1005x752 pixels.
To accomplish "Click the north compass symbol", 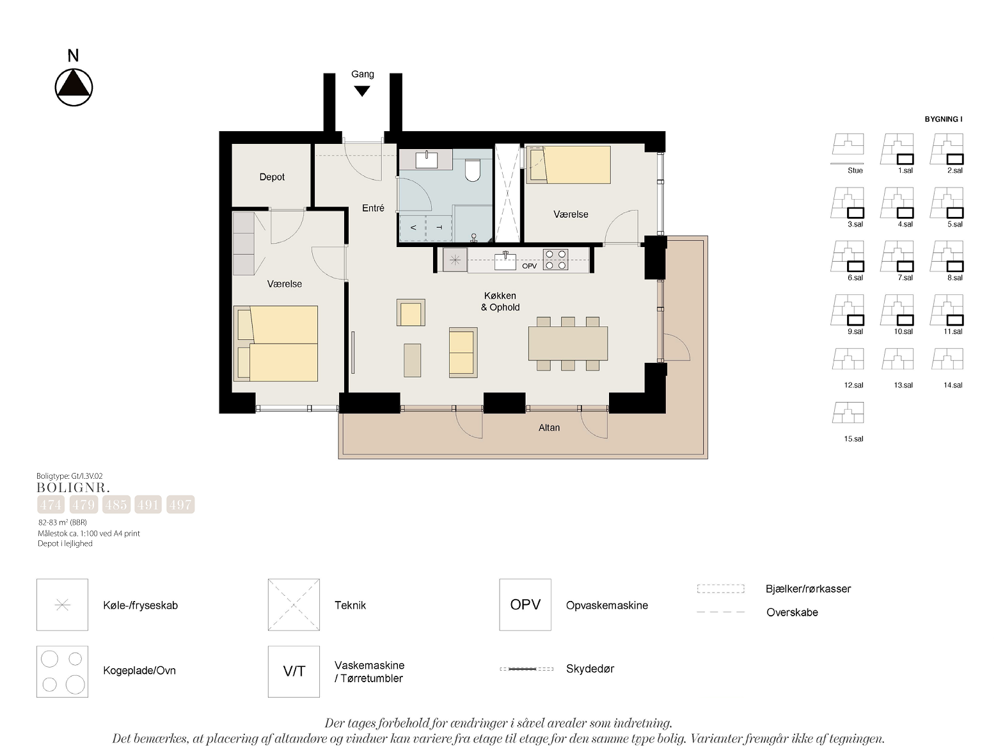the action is pyautogui.click(x=74, y=87).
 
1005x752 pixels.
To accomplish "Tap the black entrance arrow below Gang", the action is pyautogui.click(x=361, y=92).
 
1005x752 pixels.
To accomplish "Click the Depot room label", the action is pyautogui.click(x=272, y=177).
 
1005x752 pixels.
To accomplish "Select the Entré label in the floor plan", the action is pyautogui.click(x=373, y=208).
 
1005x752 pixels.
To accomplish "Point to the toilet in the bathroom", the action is pyautogui.click(x=473, y=170).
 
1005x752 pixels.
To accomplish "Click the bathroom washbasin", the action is pyautogui.click(x=426, y=160).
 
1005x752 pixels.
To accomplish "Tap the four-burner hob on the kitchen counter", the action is pyautogui.click(x=556, y=260).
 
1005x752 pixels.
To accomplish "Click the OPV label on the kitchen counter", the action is pyautogui.click(x=529, y=266).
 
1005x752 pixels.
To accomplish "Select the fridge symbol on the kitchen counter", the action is pyautogui.click(x=455, y=260).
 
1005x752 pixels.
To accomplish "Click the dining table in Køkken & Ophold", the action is pyautogui.click(x=567, y=343).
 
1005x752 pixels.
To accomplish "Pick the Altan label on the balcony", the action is pyautogui.click(x=549, y=428).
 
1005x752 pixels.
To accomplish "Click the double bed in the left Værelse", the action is pyautogui.click(x=276, y=344).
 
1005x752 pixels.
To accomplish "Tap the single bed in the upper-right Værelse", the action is pyautogui.click(x=568, y=165).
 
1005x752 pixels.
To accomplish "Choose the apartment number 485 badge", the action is pyautogui.click(x=116, y=505).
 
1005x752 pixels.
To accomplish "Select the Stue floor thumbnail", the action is pyautogui.click(x=848, y=148).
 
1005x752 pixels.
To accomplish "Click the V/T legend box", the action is pyautogui.click(x=294, y=671).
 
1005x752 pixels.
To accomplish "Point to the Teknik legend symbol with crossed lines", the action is pyautogui.click(x=294, y=605).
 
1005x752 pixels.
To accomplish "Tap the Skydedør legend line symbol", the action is pyautogui.click(x=526, y=669).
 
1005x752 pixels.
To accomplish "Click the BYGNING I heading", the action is pyautogui.click(x=943, y=119).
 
